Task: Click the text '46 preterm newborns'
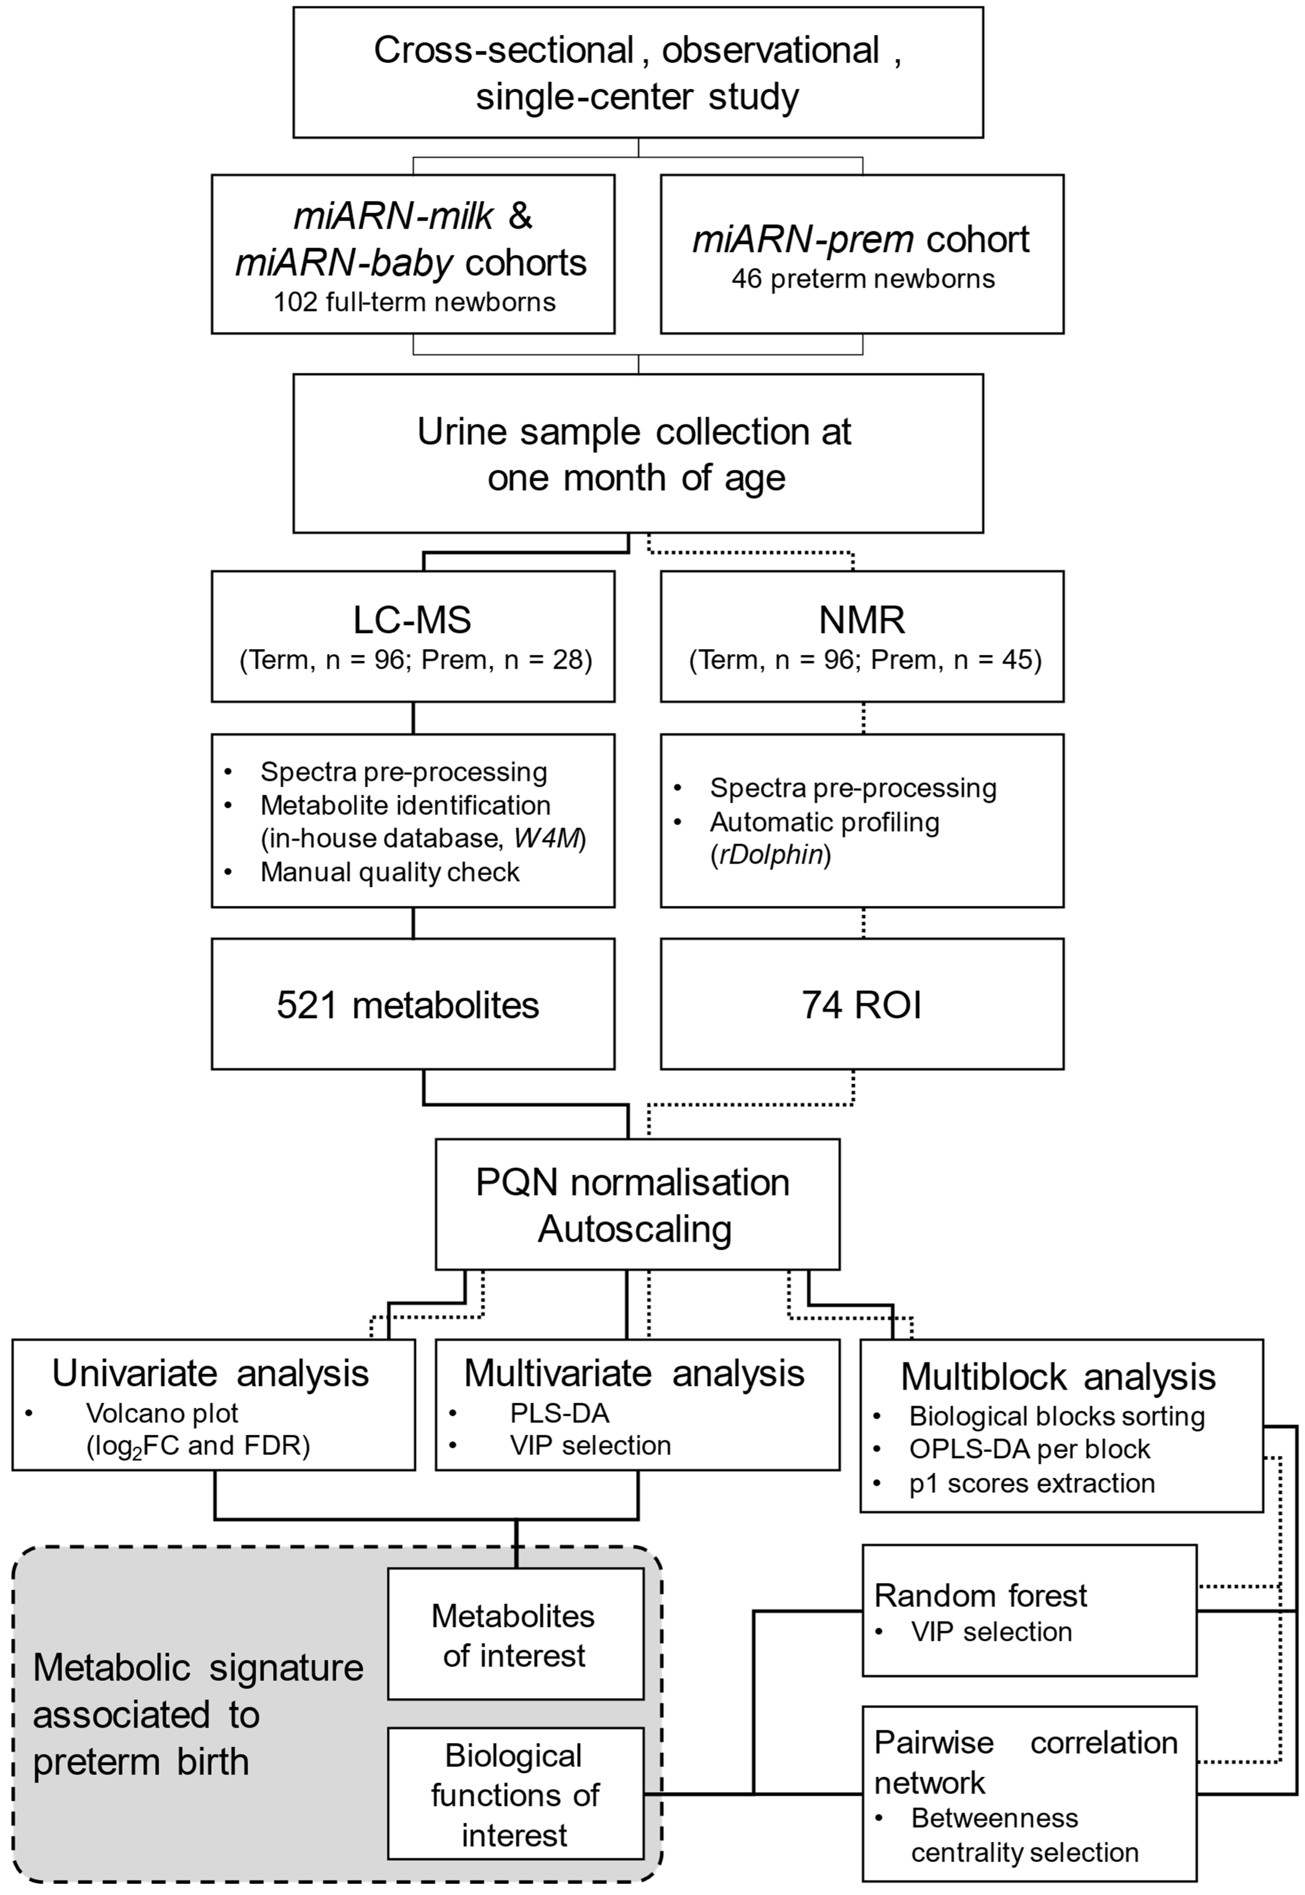[862, 279]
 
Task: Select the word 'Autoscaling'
[635, 1229]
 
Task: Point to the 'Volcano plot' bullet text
[162, 1413]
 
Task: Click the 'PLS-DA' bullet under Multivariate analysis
[559, 1413]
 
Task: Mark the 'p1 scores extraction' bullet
[1032, 1483]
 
